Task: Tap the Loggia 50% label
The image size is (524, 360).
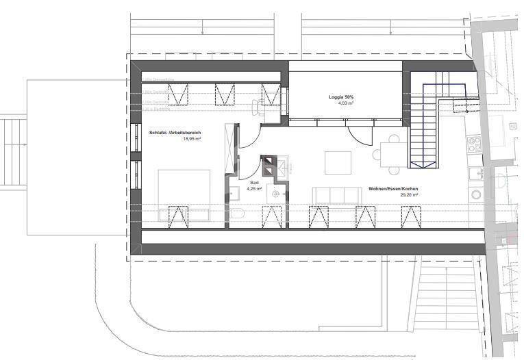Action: pyautogui.click(x=340, y=98)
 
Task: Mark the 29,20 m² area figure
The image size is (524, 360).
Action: pyautogui.click(x=409, y=195)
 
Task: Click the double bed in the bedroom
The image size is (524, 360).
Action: pyautogui.click(x=184, y=194)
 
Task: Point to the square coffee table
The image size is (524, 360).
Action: pyautogui.click(x=338, y=162)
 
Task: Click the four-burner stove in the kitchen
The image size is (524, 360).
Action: pyautogui.click(x=474, y=144)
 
